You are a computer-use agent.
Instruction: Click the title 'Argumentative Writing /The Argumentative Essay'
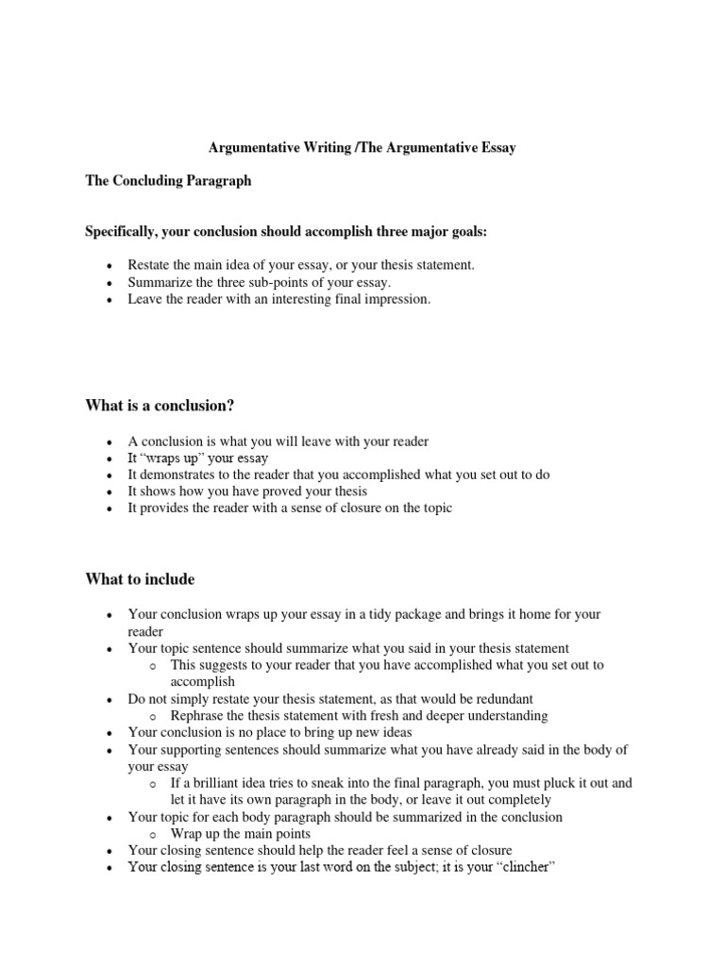pos(362,148)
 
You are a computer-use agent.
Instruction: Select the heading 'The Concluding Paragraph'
pos(168,180)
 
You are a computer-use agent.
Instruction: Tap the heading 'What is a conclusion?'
pos(160,406)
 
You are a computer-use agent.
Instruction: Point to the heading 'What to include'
pos(140,578)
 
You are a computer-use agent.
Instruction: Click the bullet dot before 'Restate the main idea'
pos(110,266)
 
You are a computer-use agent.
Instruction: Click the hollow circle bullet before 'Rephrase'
pos(154,716)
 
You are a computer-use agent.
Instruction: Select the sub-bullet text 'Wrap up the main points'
pos(240,834)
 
